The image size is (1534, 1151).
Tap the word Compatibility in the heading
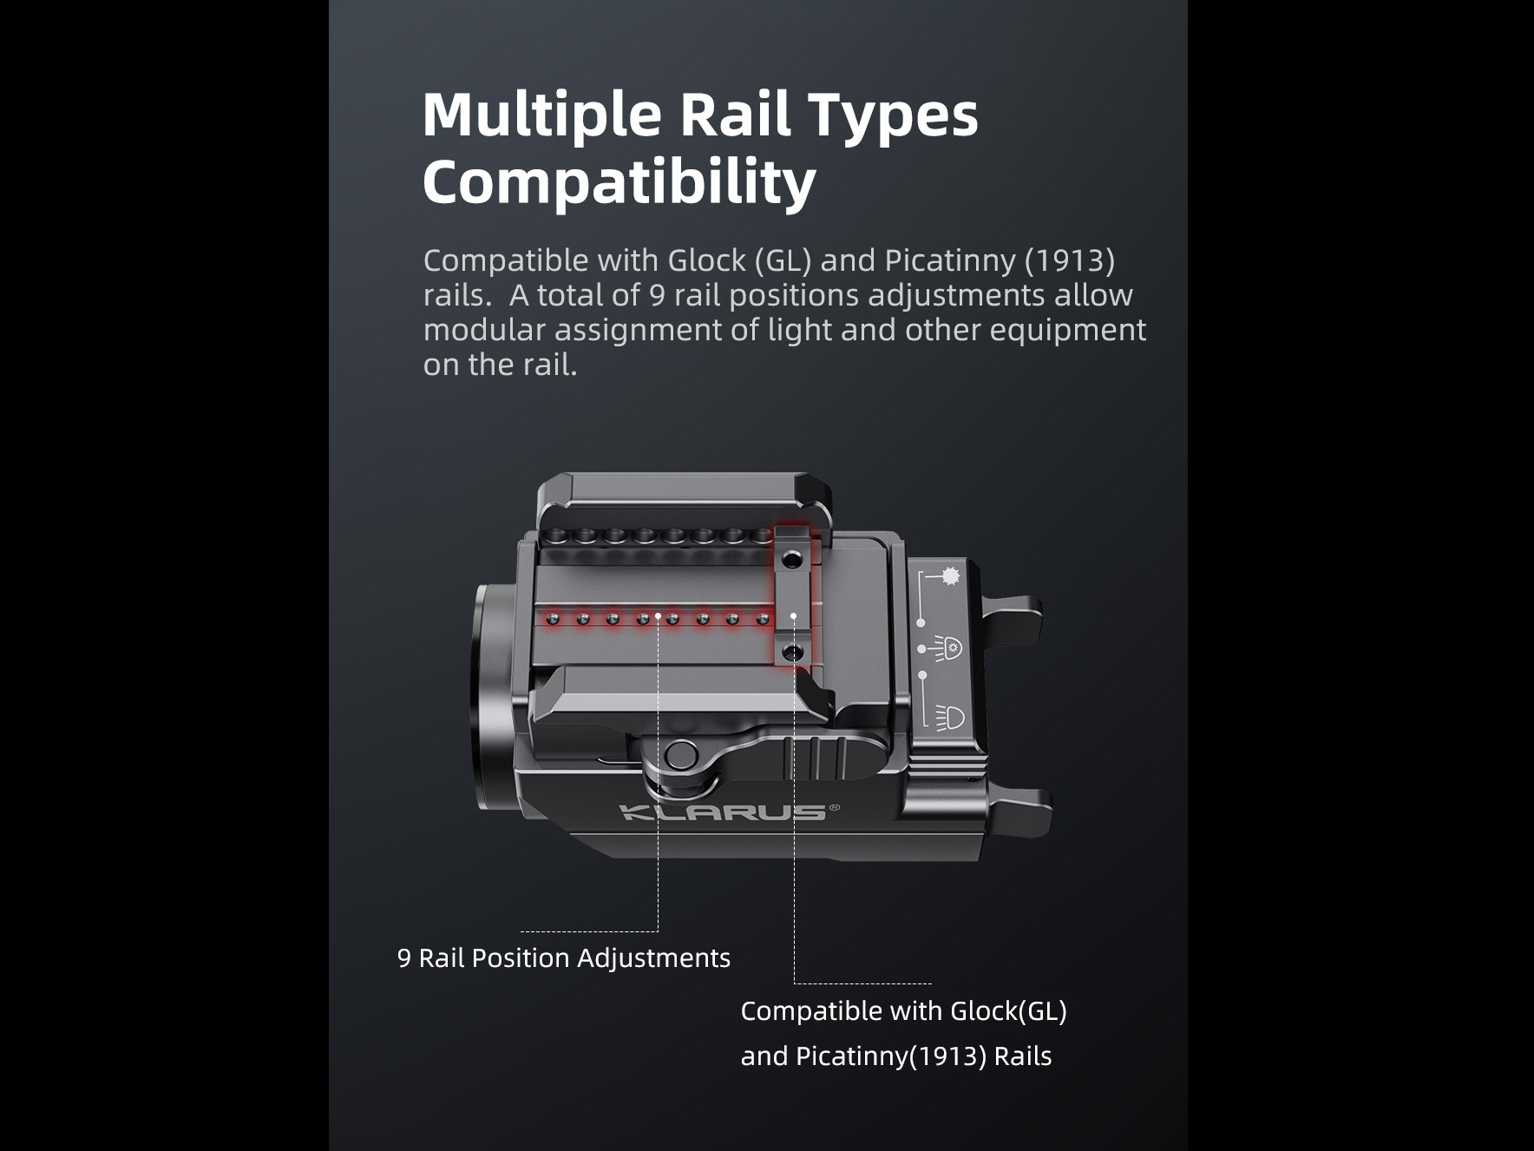click(x=619, y=183)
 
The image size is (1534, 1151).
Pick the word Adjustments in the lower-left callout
click(x=653, y=957)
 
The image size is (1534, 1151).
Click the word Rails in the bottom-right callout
click(x=1022, y=1056)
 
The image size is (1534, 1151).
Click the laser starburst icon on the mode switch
click(x=952, y=575)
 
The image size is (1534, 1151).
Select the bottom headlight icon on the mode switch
click(x=951, y=717)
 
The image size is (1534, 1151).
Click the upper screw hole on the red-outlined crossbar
click(x=791, y=562)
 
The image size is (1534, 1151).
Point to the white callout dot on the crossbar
click(x=793, y=616)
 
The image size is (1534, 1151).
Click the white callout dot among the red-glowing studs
click(x=659, y=616)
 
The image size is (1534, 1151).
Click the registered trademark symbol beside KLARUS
click(x=835, y=807)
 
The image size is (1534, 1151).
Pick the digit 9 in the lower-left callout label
click(x=403, y=957)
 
